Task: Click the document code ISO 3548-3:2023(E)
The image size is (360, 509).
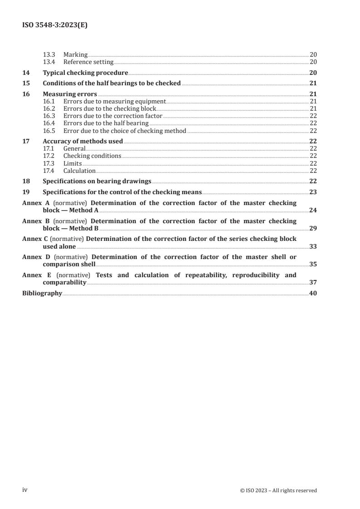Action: [55, 26]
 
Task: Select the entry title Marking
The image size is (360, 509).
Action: [75, 55]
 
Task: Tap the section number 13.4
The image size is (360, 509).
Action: [49, 62]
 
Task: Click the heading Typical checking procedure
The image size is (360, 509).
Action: [85, 73]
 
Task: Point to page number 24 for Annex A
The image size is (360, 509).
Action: [313, 210]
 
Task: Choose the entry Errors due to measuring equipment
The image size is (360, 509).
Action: [114, 102]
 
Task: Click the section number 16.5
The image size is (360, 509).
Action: [49, 131]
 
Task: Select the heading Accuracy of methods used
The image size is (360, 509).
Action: [83, 141]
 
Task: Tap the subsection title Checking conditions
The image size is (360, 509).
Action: [92, 156]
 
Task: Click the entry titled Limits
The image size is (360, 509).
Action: [73, 163]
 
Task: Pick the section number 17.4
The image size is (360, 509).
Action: [49, 171]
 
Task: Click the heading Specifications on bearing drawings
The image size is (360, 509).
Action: [97, 181]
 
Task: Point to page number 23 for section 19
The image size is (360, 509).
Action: [313, 192]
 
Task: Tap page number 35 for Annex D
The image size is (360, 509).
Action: [313, 264]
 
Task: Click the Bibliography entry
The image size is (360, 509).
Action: [42, 293]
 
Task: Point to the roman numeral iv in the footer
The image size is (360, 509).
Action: [25, 490]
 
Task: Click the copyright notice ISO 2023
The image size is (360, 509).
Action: [278, 490]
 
